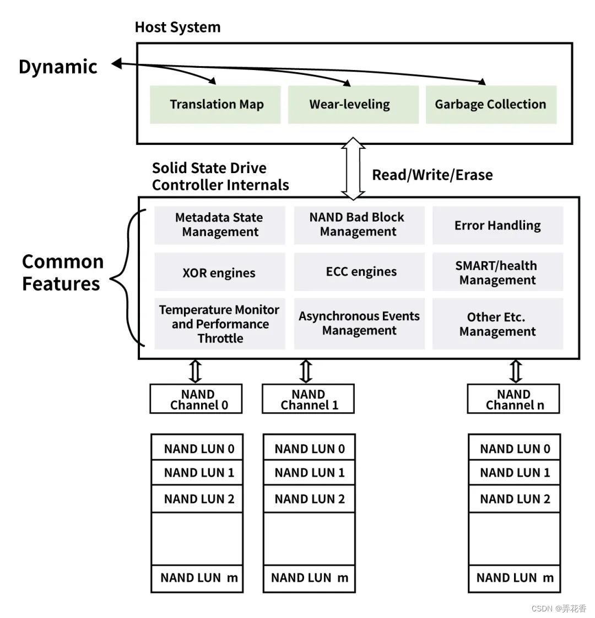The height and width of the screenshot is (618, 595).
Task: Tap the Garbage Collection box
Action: point(491,104)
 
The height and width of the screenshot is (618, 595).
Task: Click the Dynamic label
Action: point(58,67)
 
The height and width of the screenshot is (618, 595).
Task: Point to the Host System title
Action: point(177,27)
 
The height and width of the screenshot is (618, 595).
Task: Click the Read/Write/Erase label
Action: point(432,175)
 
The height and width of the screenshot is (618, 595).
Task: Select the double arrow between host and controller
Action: point(353,169)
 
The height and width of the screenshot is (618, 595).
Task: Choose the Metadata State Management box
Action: point(219,225)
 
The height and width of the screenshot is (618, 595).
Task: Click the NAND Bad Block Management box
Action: point(359,225)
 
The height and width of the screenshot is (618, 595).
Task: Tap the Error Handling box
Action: point(497,225)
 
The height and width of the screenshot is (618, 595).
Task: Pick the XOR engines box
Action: point(219,272)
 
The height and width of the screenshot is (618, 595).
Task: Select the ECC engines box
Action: point(359,272)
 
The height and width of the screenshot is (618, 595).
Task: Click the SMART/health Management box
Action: point(497,272)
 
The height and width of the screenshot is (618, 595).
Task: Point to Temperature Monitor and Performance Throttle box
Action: point(219,324)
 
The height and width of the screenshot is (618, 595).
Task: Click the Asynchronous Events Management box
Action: point(359,324)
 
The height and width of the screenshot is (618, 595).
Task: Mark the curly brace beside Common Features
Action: point(127,278)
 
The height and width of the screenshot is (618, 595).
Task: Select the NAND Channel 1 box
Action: point(308,399)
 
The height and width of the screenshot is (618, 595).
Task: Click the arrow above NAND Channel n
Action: point(516,371)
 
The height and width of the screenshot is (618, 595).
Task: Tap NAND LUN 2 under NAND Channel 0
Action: point(197,499)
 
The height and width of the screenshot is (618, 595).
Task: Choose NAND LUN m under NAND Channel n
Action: point(514,578)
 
